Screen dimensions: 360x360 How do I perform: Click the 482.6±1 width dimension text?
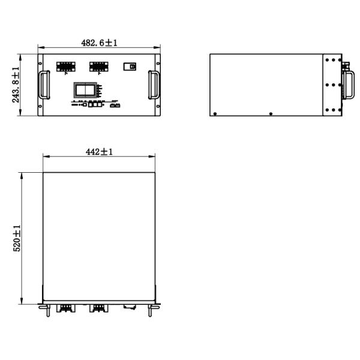99,43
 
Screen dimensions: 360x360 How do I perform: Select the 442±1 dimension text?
99,152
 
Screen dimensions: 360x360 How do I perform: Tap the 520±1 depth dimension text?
17,238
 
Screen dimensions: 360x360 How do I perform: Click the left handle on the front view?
44,85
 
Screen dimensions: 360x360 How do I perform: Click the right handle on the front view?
154,85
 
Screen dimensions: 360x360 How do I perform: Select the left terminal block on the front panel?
66,66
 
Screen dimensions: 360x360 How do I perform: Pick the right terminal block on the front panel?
99,66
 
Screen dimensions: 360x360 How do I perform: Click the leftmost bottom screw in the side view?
215,113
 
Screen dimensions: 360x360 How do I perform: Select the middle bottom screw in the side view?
271,113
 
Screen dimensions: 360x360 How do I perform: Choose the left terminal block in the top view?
64,308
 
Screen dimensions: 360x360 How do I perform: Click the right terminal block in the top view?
97,308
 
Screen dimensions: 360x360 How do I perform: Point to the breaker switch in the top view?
128,307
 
